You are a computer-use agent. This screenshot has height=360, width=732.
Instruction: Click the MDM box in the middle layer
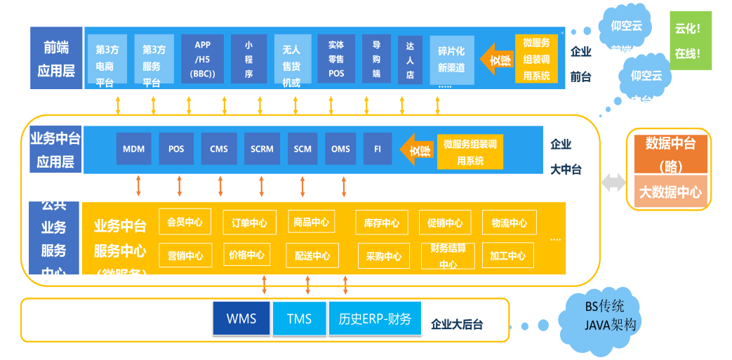(133, 149)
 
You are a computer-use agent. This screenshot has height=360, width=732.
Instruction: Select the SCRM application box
(262, 149)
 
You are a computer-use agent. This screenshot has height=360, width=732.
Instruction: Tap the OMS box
(340, 149)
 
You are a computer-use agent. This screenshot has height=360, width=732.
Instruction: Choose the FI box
(378, 149)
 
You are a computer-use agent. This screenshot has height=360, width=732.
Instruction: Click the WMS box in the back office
(241, 318)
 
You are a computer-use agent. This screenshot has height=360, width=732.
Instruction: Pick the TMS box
(300, 318)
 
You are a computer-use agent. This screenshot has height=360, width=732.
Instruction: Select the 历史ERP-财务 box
(375, 318)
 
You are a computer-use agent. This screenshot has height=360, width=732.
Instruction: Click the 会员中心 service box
(185, 222)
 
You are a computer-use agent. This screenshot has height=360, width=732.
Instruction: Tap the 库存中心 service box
(382, 223)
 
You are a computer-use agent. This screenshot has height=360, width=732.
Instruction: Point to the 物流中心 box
(510, 223)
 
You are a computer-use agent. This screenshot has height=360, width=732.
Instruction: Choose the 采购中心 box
(384, 256)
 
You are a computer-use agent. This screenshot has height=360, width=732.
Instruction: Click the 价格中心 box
(246, 255)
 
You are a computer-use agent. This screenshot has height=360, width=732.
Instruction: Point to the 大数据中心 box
(670, 192)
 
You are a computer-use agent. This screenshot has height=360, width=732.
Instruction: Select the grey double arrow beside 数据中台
(613, 182)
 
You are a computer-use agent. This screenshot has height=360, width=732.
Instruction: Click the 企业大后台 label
(457, 324)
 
